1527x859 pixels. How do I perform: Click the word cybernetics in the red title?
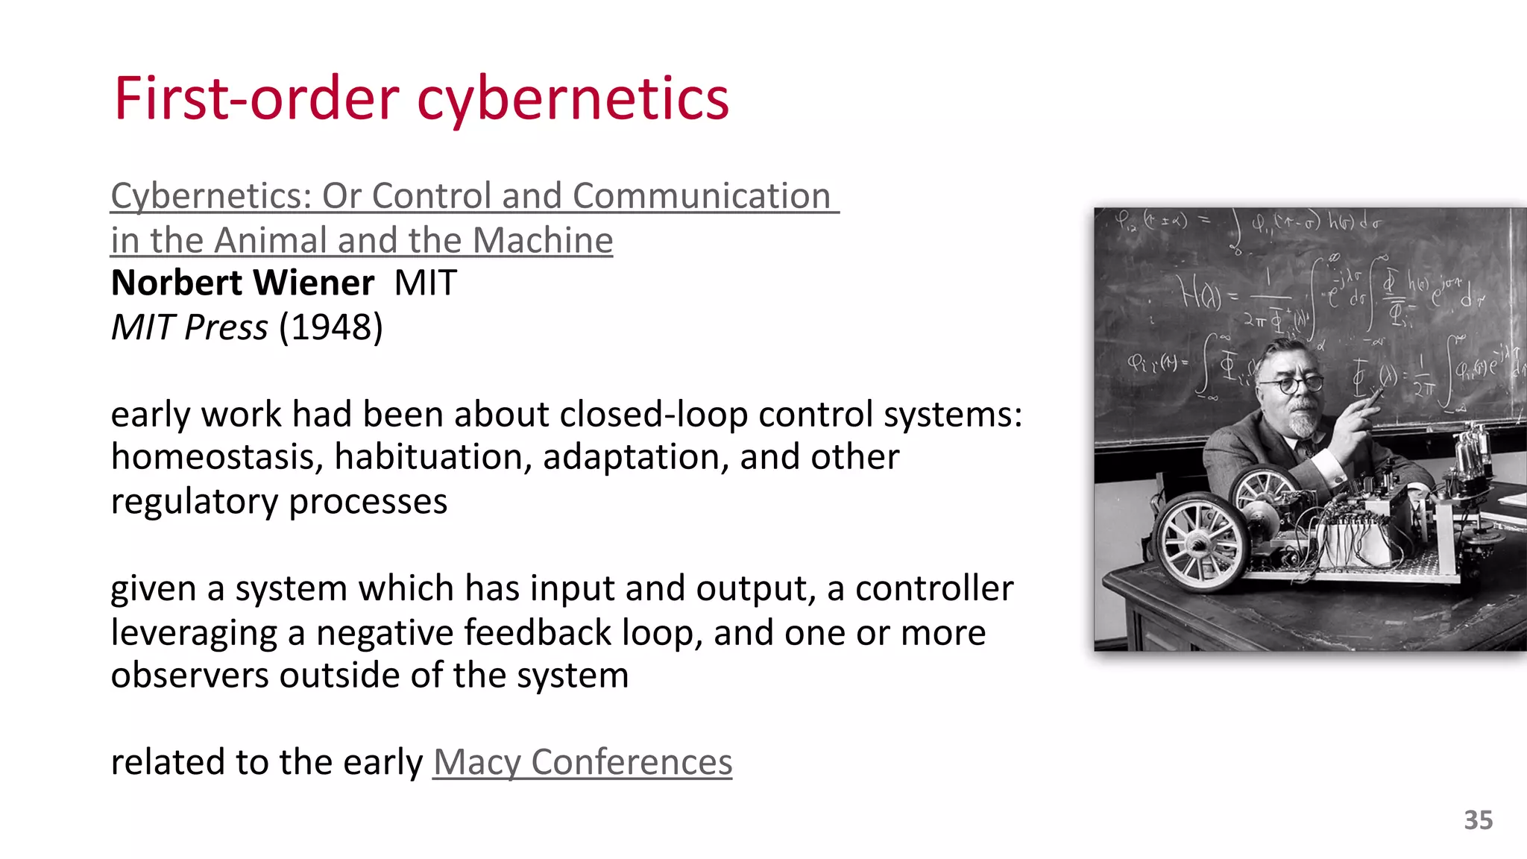tap(573, 100)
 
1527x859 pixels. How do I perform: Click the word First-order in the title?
tap(256, 100)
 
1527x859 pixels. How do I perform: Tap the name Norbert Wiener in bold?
tap(242, 283)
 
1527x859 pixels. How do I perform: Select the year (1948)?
tap(330, 327)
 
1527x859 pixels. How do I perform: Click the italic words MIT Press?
tap(189, 327)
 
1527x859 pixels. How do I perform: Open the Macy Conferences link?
tap(582, 762)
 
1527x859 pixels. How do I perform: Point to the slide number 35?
tap(1478, 820)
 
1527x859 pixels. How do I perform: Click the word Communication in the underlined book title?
tap(701, 197)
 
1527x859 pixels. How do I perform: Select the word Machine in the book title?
tap(542, 241)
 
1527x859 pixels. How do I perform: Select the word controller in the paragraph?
tap(933, 589)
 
